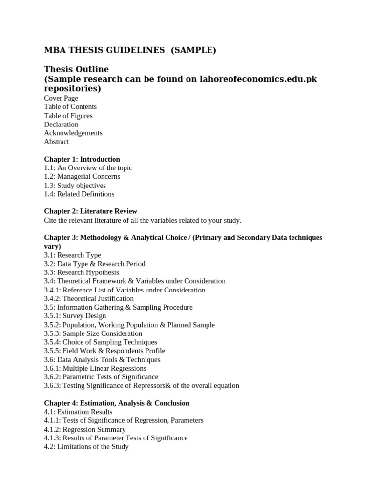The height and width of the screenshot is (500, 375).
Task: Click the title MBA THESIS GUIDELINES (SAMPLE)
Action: point(130,50)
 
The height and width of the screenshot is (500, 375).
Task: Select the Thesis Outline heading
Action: point(76,69)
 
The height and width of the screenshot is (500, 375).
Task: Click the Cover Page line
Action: point(61,98)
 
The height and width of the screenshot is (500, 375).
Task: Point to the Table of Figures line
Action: point(68,116)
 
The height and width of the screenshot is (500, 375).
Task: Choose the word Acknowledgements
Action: point(73,133)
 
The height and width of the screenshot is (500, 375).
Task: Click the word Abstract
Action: point(57,142)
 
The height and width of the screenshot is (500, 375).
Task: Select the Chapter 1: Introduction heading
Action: point(82,159)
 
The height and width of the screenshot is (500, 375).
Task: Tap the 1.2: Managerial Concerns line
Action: point(82,176)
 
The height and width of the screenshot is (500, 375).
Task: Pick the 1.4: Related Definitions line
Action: point(79,194)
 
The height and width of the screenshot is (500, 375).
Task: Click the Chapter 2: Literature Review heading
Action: point(90,211)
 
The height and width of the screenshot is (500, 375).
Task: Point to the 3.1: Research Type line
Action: point(73,255)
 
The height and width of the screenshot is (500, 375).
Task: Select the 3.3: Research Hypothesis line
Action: point(82,272)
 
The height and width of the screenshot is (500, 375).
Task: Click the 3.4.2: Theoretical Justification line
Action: point(89,298)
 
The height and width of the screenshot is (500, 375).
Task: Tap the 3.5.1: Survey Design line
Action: point(75,316)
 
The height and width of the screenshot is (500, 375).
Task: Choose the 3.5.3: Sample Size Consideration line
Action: point(93,333)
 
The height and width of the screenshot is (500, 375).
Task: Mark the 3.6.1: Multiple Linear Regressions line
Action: point(95,368)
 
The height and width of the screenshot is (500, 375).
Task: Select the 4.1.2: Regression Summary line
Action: point(84,429)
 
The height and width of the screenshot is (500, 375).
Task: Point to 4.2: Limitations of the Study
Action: point(86,446)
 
